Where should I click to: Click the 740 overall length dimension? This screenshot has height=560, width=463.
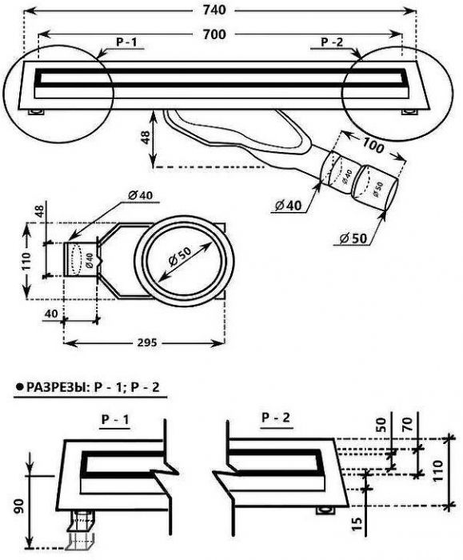click(x=214, y=10)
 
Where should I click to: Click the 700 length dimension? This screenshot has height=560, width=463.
click(x=214, y=34)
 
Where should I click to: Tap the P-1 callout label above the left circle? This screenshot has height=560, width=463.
click(x=126, y=42)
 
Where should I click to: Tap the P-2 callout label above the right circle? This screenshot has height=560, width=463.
click(x=332, y=42)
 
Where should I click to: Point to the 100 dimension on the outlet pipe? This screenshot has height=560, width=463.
click(x=373, y=146)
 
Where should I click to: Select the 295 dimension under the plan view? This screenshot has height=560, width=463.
click(x=147, y=343)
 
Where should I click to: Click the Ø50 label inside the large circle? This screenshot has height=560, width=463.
click(x=180, y=257)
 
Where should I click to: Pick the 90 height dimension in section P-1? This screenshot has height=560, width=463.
click(x=19, y=506)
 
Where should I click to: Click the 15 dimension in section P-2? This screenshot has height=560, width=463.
click(x=357, y=523)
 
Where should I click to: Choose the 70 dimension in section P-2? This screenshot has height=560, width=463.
click(x=409, y=425)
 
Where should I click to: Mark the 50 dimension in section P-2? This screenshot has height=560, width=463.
click(x=381, y=425)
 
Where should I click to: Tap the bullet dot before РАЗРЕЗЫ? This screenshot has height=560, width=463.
click(x=19, y=386)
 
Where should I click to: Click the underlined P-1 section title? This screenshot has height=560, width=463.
click(x=115, y=420)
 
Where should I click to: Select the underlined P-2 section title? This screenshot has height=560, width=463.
click(x=276, y=418)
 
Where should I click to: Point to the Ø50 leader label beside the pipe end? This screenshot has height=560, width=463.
click(x=353, y=238)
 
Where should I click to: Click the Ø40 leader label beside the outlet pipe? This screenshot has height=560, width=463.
click(x=289, y=206)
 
